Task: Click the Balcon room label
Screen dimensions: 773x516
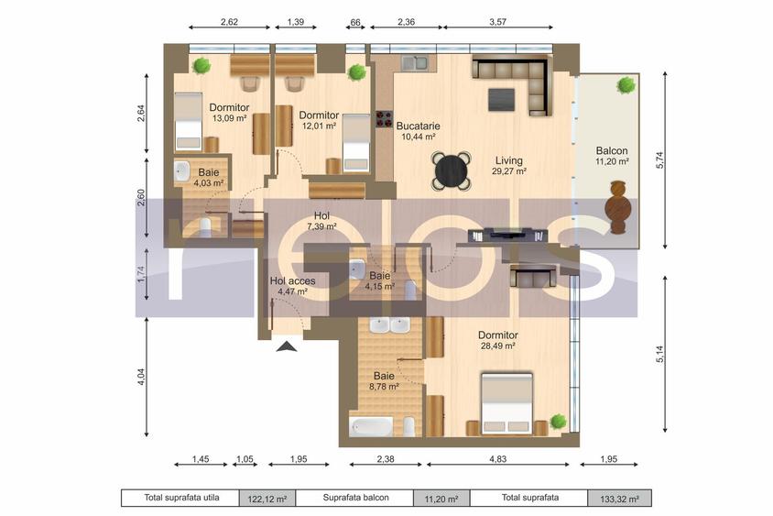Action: (612, 151)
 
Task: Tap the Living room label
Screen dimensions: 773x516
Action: (508, 160)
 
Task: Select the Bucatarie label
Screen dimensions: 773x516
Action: (418, 126)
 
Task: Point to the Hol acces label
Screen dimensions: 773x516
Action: (292, 281)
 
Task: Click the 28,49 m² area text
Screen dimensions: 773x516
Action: (498, 346)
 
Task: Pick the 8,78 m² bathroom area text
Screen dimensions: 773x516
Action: (384, 387)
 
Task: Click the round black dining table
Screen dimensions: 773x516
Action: (452, 171)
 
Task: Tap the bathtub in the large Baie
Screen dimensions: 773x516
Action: (371, 427)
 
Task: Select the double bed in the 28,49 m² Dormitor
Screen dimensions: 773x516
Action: (506, 403)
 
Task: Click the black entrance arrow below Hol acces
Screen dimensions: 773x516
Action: (287, 346)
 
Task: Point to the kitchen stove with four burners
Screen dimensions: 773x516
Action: (384, 119)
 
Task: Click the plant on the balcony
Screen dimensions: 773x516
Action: (626, 85)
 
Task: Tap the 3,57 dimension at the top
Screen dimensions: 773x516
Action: (498, 22)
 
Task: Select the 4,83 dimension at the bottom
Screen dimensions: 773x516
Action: (498, 459)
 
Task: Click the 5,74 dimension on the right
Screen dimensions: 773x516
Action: (660, 159)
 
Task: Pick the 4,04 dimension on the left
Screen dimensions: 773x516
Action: (141, 377)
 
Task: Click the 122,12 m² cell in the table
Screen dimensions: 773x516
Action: (267, 499)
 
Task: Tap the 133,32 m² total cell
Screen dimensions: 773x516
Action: (620, 499)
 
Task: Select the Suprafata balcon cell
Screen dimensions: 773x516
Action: (355, 498)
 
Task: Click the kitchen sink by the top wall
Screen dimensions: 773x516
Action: (414, 62)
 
